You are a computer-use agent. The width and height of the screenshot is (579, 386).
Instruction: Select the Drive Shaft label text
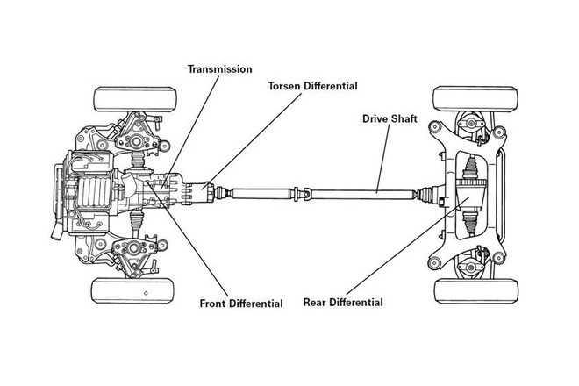click(x=390, y=117)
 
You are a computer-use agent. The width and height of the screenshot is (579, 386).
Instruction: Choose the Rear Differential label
click(x=343, y=303)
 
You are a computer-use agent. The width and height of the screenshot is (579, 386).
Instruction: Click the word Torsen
click(x=286, y=87)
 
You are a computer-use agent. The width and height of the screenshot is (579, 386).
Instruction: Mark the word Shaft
click(x=404, y=117)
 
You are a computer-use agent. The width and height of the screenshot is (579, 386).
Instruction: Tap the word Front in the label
click(x=212, y=304)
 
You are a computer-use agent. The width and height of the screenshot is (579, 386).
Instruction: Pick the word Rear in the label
click(x=316, y=303)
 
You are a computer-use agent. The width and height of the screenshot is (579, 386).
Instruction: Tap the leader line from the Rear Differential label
click(x=404, y=250)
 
